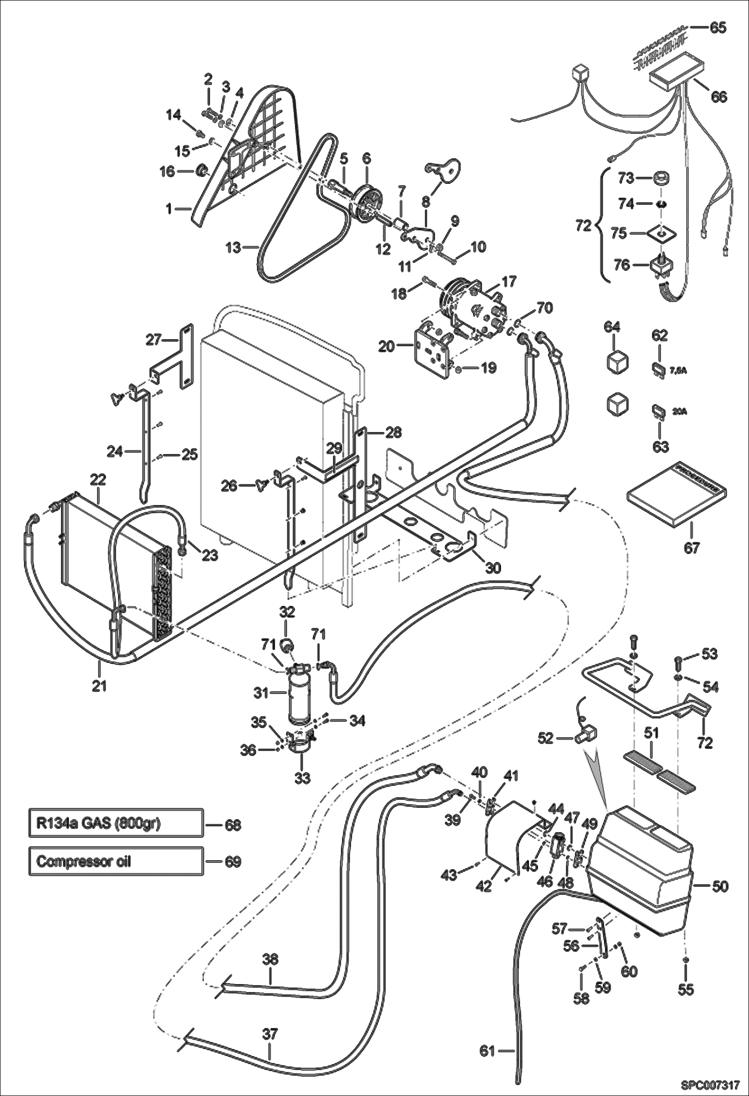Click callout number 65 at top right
[718, 27]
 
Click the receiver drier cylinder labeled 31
[298, 695]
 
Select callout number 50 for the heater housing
[720, 886]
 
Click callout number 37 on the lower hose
[269, 1034]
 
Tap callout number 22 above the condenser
[98, 480]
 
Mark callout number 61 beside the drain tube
[487, 1052]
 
